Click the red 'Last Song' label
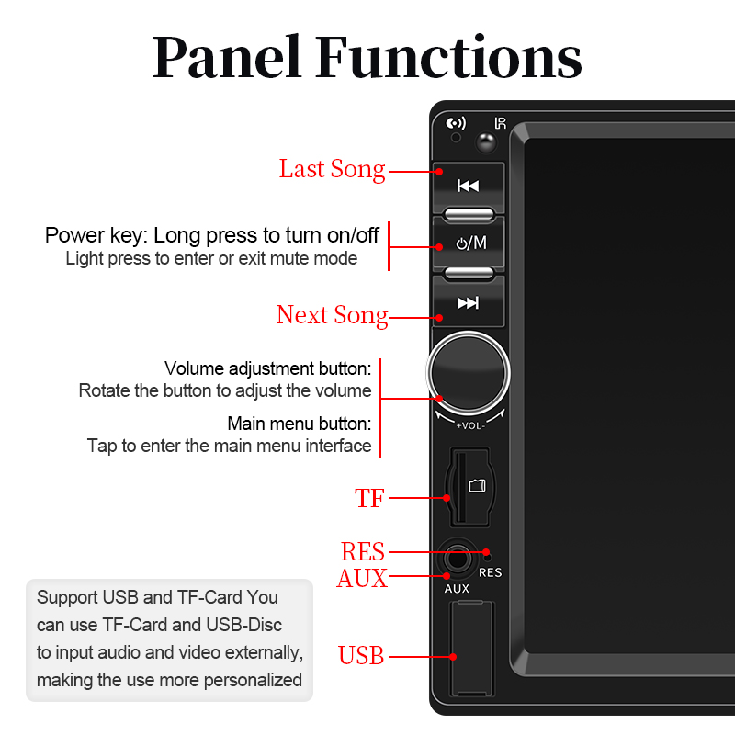pos(332,169)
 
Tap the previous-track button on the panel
pos(469,187)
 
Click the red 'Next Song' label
pos(332,315)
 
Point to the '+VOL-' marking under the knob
pos(469,425)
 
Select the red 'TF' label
pos(369,498)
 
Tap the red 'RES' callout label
pos(362,552)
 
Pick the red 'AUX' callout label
pos(362,579)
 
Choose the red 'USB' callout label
pos(361,656)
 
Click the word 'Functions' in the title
pos(448,58)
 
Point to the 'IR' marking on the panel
pos(501,123)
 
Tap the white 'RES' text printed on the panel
pos(491,572)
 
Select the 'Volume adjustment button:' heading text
pos(267,368)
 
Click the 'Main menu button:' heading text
pos(299,424)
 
